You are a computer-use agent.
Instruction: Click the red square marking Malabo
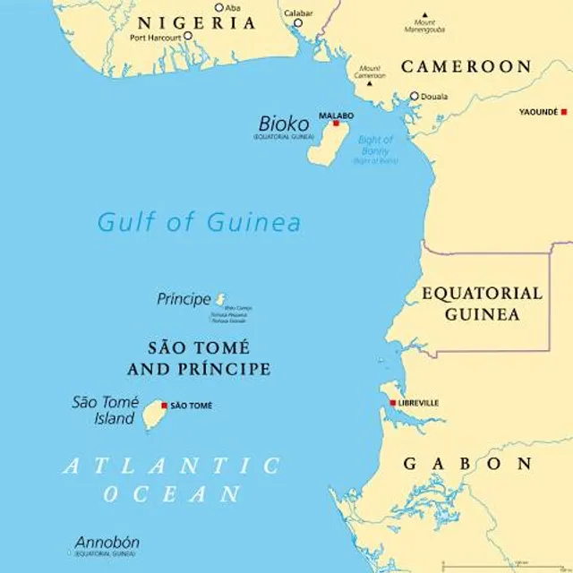[x=337, y=124]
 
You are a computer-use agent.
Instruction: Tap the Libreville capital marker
[x=392, y=403]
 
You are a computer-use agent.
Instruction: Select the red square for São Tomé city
[x=164, y=406]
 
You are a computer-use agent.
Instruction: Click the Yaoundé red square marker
[x=564, y=112]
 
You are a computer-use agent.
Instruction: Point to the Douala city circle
[x=414, y=96]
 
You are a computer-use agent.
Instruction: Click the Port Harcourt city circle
[x=188, y=37]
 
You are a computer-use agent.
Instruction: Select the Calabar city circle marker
[x=298, y=23]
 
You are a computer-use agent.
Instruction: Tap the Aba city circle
[x=218, y=7]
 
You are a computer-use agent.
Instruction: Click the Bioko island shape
[x=326, y=143]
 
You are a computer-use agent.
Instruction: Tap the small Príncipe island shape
[x=221, y=300]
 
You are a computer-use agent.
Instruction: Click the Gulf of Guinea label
[x=199, y=222]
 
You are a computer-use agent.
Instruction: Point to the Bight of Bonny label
[x=374, y=145]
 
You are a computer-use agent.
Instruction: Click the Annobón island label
[x=107, y=543]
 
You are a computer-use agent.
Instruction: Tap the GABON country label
[x=467, y=464]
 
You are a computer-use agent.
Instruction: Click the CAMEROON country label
[x=466, y=66]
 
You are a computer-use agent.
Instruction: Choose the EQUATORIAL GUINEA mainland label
[x=482, y=304]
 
